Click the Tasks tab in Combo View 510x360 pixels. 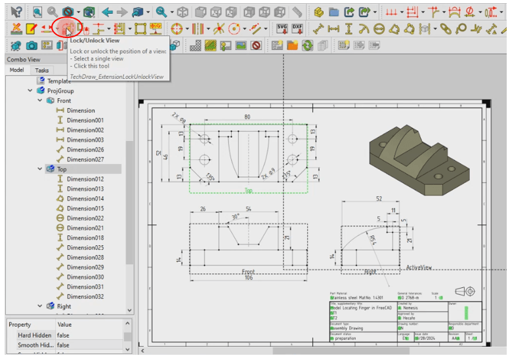tap(42, 70)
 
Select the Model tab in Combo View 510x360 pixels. tap(17, 70)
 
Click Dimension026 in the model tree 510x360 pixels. tap(85, 150)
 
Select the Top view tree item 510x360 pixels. tap(62, 169)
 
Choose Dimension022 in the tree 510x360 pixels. tap(85, 218)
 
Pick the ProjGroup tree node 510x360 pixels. tap(60, 91)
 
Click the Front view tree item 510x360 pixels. tap(64, 101)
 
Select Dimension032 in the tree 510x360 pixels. tap(85, 296)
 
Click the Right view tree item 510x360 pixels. tap(64, 306)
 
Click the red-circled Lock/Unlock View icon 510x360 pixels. tap(67, 28)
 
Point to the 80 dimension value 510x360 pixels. tap(247, 117)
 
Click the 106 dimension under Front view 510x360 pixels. tap(248, 277)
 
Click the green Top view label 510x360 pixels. tap(248, 191)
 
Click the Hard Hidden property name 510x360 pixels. tap(34, 335)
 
